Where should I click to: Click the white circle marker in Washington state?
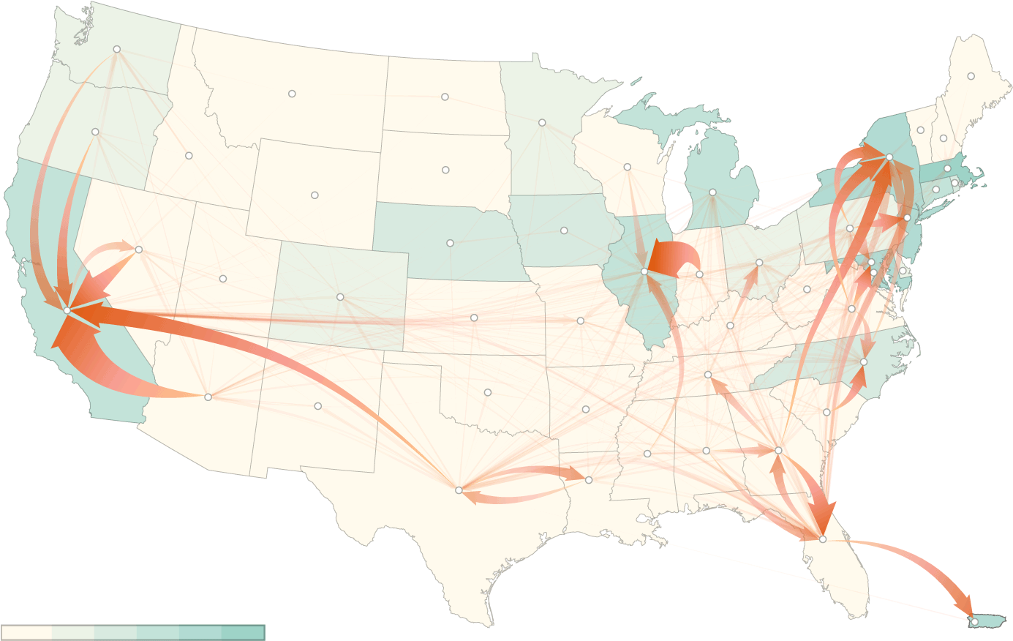coord(116,49)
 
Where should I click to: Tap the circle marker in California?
coord(67,310)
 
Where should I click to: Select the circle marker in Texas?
coord(459,490)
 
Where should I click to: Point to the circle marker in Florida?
coord(822,539)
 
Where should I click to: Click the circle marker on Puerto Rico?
coord(974,621)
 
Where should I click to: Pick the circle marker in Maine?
coord(971,76)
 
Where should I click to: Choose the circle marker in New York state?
coord(889,157)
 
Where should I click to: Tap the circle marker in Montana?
coord(292,94)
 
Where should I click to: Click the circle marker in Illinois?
coord(644,271)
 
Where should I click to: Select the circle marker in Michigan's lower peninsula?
coord(712,192)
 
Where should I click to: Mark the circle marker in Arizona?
coord(208,397)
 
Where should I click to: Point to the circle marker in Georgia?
coord(778,450)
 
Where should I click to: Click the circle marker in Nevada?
coord(138,250)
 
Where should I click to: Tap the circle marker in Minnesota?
coord(542,122)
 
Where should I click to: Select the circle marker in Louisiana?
coord(589,479)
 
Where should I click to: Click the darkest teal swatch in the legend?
coord(243,632)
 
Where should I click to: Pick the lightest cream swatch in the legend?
coord(26,632)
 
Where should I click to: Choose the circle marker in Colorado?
coord(340,296)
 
